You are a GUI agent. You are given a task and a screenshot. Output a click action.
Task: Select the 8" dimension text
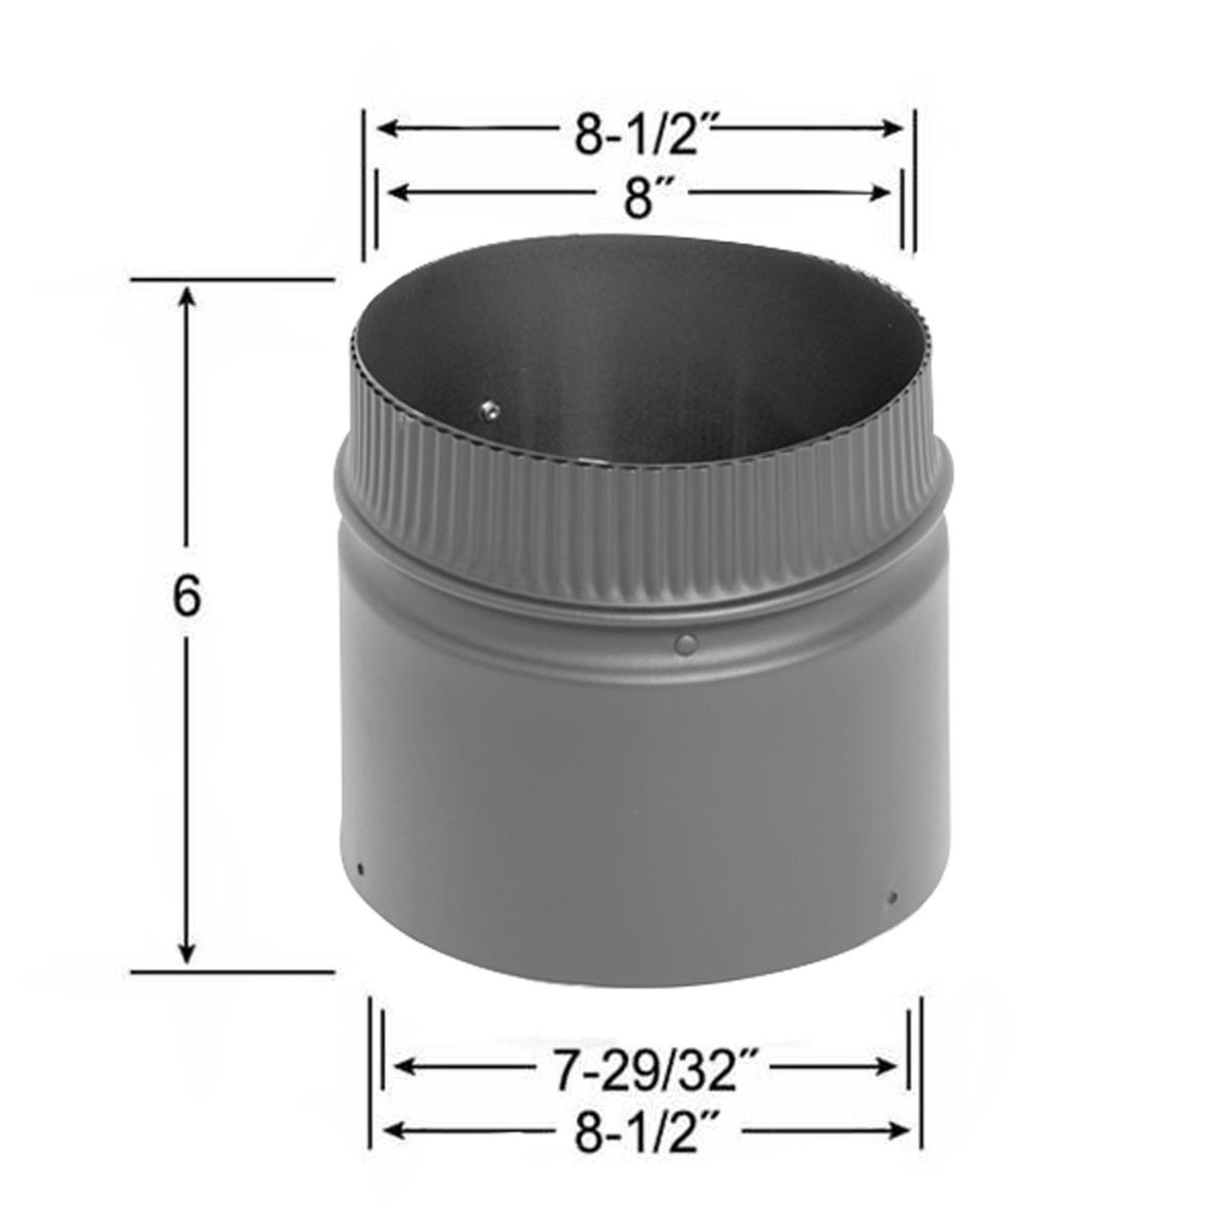[x=638, y=199]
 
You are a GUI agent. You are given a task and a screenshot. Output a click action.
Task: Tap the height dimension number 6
[x=187, y=598]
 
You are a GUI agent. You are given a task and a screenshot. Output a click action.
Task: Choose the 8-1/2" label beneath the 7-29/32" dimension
[x=648, y=1132]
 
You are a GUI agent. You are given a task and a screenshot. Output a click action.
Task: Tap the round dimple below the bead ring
[x=685, y=644]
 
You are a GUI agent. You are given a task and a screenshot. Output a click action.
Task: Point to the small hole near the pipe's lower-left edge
[x=361, y=869]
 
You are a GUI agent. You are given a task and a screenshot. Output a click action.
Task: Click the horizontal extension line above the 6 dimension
[x=230, y=279]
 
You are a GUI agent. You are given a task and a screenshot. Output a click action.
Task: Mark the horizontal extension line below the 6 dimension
[x=230, y=971]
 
